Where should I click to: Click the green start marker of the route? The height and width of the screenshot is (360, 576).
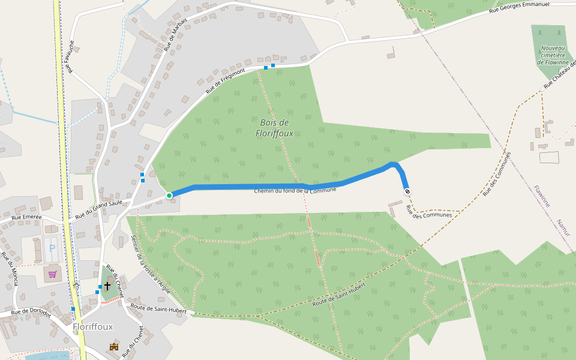(169, 195)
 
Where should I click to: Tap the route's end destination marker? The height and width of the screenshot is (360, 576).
(407, 191)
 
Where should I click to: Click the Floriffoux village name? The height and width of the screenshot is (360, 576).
(92, 327)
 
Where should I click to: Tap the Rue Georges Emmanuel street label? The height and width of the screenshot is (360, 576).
(519, 8)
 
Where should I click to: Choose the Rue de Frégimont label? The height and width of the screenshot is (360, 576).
(226, 81)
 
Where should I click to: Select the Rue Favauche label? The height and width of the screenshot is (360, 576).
(71, 56)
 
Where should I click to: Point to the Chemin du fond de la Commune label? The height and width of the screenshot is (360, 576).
(295, 190)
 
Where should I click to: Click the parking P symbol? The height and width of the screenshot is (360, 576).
(52, 247)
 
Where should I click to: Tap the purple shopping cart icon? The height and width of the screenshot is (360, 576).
(52, 274)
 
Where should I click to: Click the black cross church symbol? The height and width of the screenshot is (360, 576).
(107, 286)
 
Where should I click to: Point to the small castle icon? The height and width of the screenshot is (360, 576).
(114, 346)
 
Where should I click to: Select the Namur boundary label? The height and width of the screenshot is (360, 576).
(563, 228)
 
